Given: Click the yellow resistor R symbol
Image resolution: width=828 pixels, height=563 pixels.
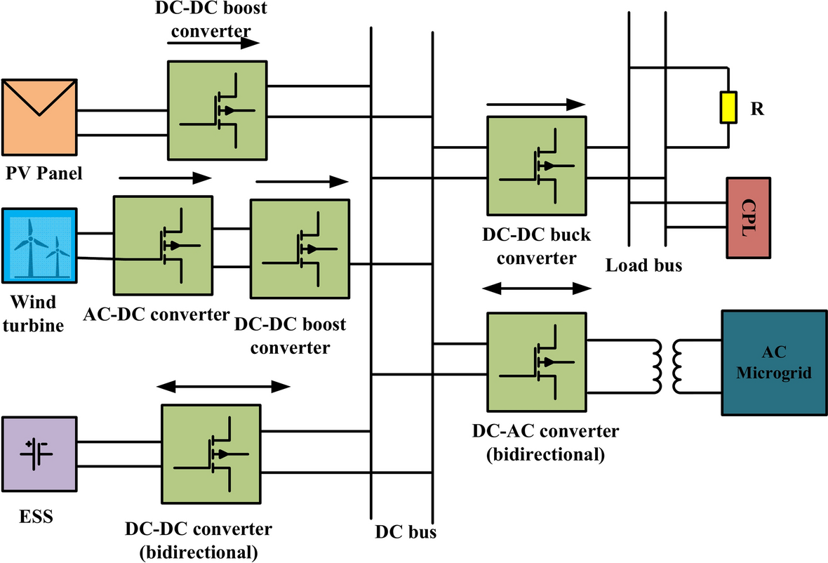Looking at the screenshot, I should pos(729,108).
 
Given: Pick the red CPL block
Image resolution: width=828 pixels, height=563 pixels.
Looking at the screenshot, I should pos(749,218).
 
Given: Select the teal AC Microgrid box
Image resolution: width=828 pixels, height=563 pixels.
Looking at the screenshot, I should pos(773,363).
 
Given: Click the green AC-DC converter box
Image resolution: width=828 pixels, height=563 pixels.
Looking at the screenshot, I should pos(163,245).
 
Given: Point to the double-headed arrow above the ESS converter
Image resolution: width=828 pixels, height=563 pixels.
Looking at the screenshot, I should pos(222,386).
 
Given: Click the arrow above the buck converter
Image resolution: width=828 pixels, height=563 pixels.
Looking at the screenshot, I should pos(535,105).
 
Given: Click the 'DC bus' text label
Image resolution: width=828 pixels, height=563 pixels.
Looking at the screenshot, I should pos(406,531).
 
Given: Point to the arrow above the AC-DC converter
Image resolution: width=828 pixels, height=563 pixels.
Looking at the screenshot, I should pos(166,178).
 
